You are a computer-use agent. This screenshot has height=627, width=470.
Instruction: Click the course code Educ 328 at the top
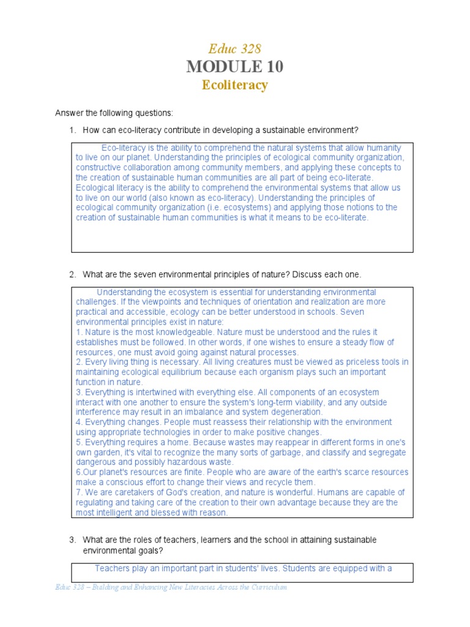(x=235, y=48)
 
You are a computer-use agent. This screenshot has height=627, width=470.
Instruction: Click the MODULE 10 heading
(x=235, y=67)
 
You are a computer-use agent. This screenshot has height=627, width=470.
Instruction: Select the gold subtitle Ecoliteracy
(x=235, y=85)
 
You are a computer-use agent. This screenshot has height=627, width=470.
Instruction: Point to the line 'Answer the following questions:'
(x=114, y=113)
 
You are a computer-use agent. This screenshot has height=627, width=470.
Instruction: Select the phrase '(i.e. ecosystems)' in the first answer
(x=191, y=208)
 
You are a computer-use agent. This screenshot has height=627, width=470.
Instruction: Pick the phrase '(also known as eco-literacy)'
(x=204, y=198)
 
